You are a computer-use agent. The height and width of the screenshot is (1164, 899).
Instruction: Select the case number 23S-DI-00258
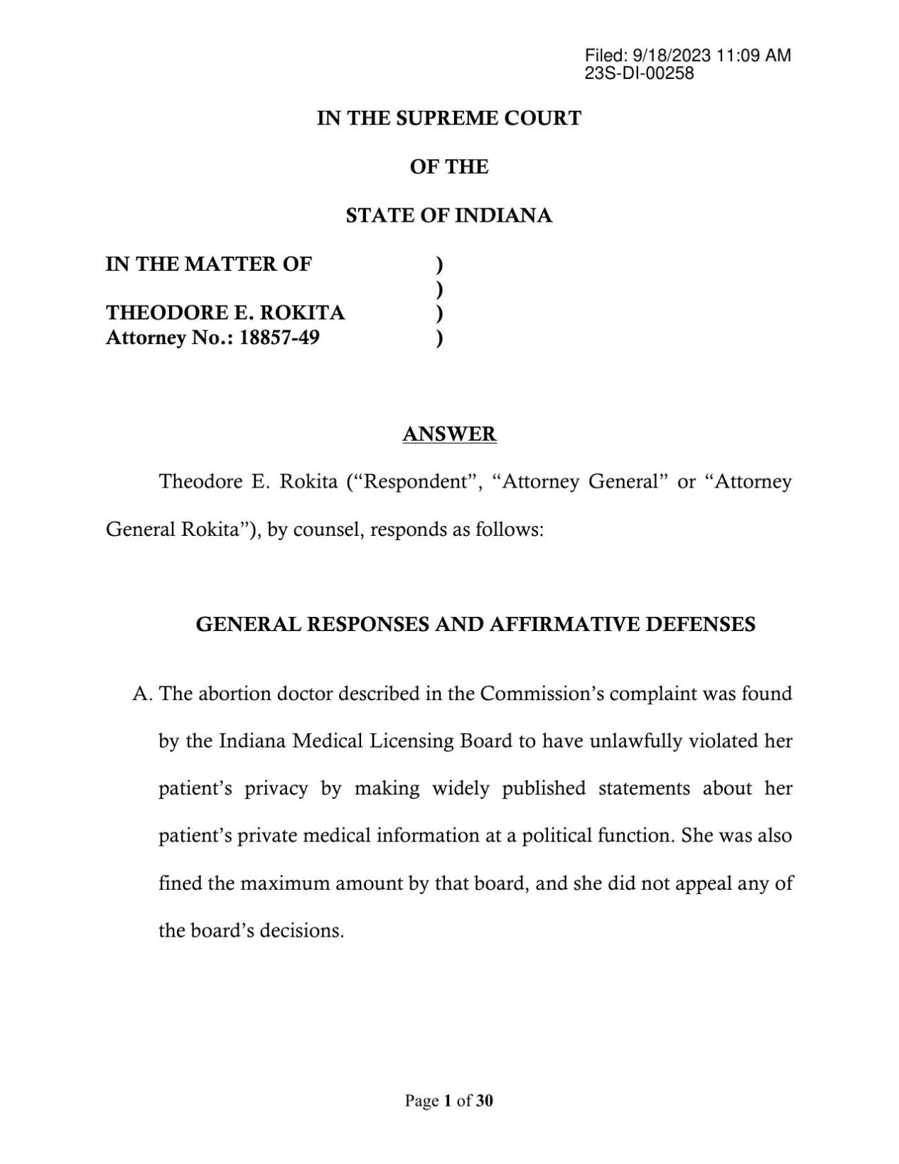click(x=639, y=72)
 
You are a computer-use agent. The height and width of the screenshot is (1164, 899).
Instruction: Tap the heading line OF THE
click(x=449, y=167)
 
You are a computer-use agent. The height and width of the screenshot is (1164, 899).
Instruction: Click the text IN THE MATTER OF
click(x=208, y=264)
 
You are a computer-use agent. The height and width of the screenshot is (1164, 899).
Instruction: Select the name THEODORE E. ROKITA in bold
click(x=225, y=313)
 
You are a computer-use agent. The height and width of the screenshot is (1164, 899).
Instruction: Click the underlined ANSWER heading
click(x=449, y=433)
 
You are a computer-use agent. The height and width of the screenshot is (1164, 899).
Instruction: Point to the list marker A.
click(x=143, y=694)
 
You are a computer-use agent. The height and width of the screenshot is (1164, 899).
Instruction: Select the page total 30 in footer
click(x=485, y=1101)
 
